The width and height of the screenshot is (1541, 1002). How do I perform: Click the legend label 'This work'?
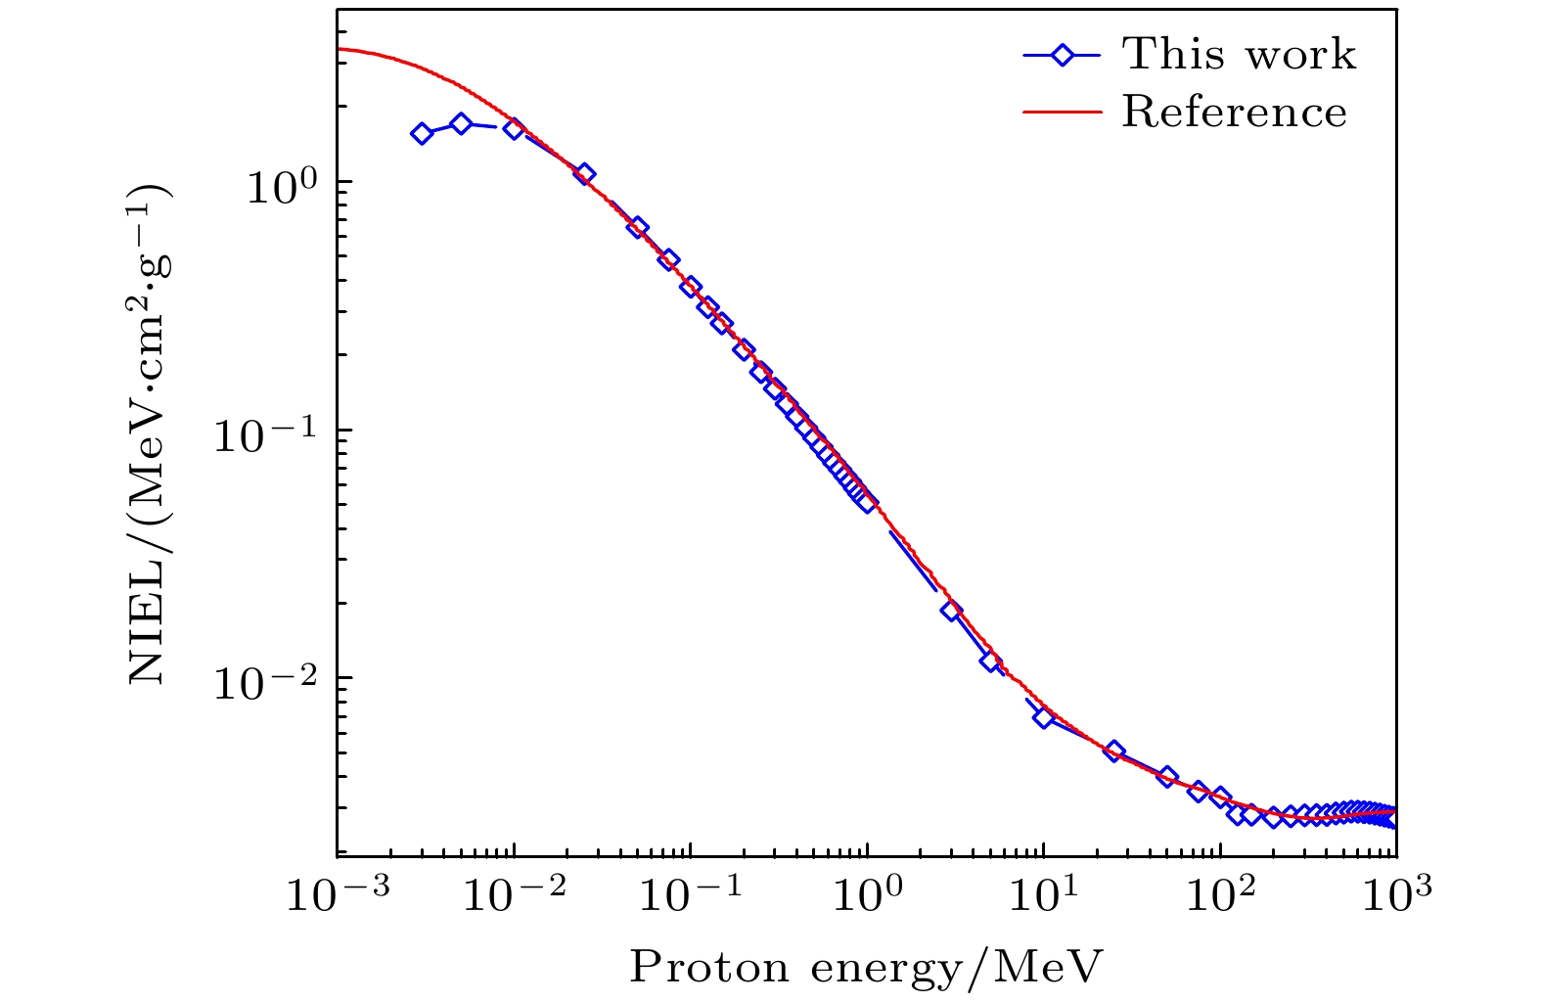[x=1239, y=55]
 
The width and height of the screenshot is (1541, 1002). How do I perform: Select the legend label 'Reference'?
[x=1234, y=113]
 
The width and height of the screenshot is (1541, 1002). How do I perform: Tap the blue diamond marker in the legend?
[x=1062, y=56]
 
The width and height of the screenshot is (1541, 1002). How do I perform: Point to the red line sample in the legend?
[x=1062, y=113]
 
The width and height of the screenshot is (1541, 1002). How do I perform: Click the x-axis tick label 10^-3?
[x=337, y=894]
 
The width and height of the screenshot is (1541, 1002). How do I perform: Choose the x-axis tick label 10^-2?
[x=513, y=894]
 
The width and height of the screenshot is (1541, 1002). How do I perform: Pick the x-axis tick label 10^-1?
[x=689, y=894]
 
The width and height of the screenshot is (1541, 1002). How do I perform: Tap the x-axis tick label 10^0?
[x=867, y=894]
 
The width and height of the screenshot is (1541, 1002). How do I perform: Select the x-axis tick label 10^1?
[x=1044, y=894]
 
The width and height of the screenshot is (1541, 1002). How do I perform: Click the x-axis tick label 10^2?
[x=1220, y=894]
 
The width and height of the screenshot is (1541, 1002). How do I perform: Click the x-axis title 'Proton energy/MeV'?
[x=866, y=967]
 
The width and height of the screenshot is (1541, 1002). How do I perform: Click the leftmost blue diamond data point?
[x=422, y=134]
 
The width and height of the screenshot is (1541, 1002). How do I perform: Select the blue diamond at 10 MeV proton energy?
[x=1044, y=717]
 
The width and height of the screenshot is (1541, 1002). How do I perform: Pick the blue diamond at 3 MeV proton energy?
[x=951, y=611]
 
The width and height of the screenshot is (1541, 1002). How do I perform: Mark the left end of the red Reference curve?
[x=339, y=49]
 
